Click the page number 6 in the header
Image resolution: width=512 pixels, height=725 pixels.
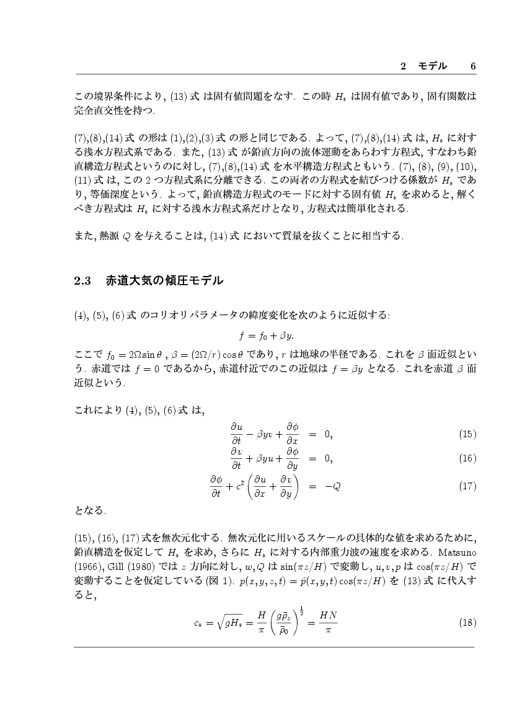pyautogui.click(x=473, y=66)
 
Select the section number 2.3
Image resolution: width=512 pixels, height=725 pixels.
pyautogui.click(x=82, y=281)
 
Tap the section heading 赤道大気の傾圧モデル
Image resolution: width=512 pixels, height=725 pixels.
pyautogui.click(x=164, y=281)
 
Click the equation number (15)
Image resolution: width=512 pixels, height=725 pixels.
pyautogui.click(x=467, y=434)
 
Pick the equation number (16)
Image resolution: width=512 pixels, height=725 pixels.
pyautogui.click(x=467, y=458)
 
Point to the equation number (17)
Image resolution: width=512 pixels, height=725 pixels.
pyautogui.click(x=467, y=486)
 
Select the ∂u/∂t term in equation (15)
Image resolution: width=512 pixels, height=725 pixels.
pyautogui.click(x=236, y=434)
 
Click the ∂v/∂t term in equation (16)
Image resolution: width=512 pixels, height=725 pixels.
pyautogui.click(x=236, y=458)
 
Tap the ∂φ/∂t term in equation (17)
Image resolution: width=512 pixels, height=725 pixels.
pyautogui.click(x=216, y=486)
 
